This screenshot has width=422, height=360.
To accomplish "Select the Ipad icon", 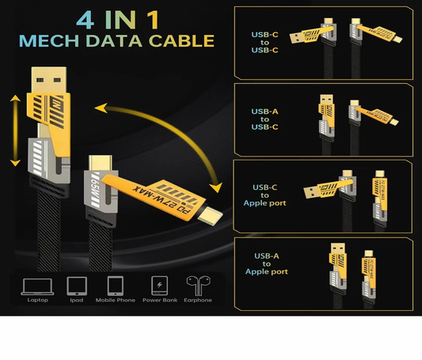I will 76,286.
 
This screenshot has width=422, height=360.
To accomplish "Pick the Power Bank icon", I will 159,286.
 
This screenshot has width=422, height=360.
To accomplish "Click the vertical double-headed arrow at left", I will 14,131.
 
